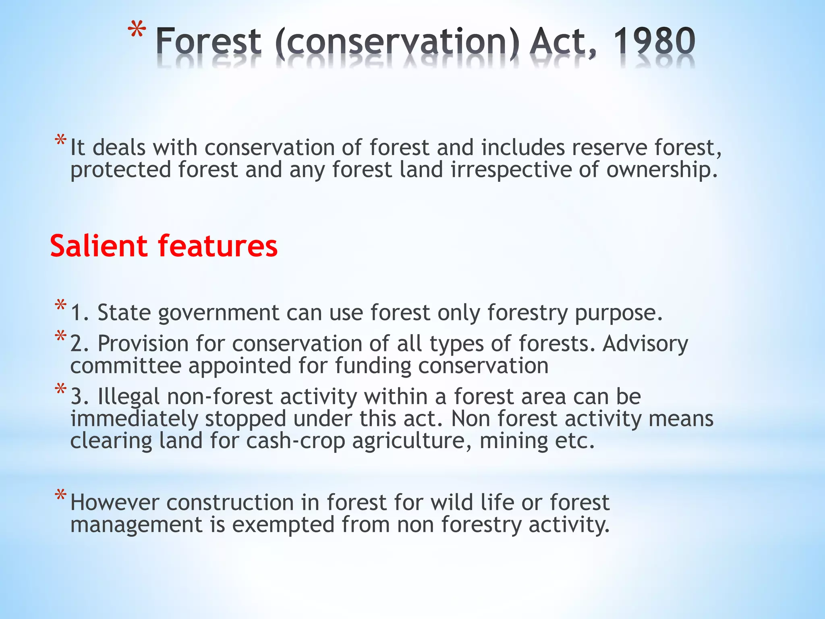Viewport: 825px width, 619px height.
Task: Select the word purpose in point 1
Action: [x=618, y=313]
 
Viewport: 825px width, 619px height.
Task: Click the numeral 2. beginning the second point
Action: [x=79, y=344]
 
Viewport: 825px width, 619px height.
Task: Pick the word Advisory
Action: [x=645, y=344]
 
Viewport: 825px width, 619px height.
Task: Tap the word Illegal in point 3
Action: [x=129, y=397]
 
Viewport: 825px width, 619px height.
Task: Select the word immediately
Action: [x=134, y=419]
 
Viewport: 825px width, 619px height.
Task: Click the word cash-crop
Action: [x=296, y=441]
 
